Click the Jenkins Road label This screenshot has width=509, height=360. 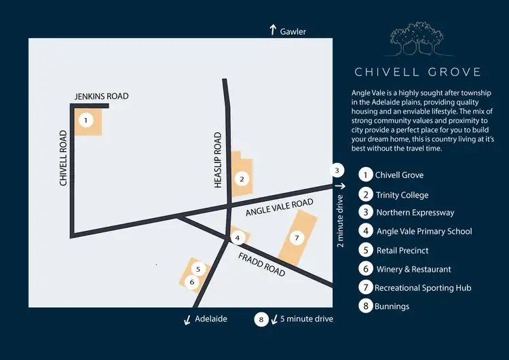[101, 96]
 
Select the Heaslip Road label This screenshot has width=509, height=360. [218, 160]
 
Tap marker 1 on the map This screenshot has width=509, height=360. [86, 121]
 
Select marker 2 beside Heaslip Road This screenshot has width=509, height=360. [240, 179]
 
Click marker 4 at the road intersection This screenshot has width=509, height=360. [237, 238]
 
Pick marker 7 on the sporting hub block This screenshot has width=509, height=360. [295, 238]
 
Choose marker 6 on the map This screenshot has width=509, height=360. [192, 281]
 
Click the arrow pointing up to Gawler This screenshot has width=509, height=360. [273, 30]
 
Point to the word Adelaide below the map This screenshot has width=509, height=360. [210, 318]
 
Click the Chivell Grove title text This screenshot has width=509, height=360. [417, 72]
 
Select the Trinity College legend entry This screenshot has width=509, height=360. [402, 194]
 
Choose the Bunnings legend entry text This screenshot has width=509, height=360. [392, 306]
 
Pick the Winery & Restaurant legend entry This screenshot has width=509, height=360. [413, 269]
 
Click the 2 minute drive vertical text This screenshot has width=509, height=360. [341, 223]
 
